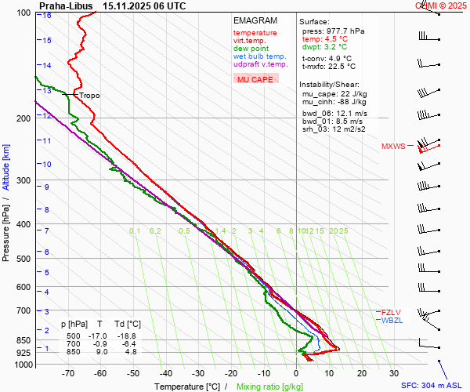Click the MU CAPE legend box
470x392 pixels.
[255, 79]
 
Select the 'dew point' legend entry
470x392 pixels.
[250, 49]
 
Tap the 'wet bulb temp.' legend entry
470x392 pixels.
[259, 56]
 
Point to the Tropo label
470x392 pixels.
[89, 96]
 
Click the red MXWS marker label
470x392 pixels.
[393, 147]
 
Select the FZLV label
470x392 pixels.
[390, 312]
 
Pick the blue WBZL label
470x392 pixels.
[391, 321]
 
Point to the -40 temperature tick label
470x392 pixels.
[166, 373]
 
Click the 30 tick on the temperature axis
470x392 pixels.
[394, 373]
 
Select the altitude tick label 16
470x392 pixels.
[47, 15]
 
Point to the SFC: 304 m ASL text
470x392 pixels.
[432, 386]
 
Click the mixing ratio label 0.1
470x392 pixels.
[135, 230]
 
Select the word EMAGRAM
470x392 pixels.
[255, 20]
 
